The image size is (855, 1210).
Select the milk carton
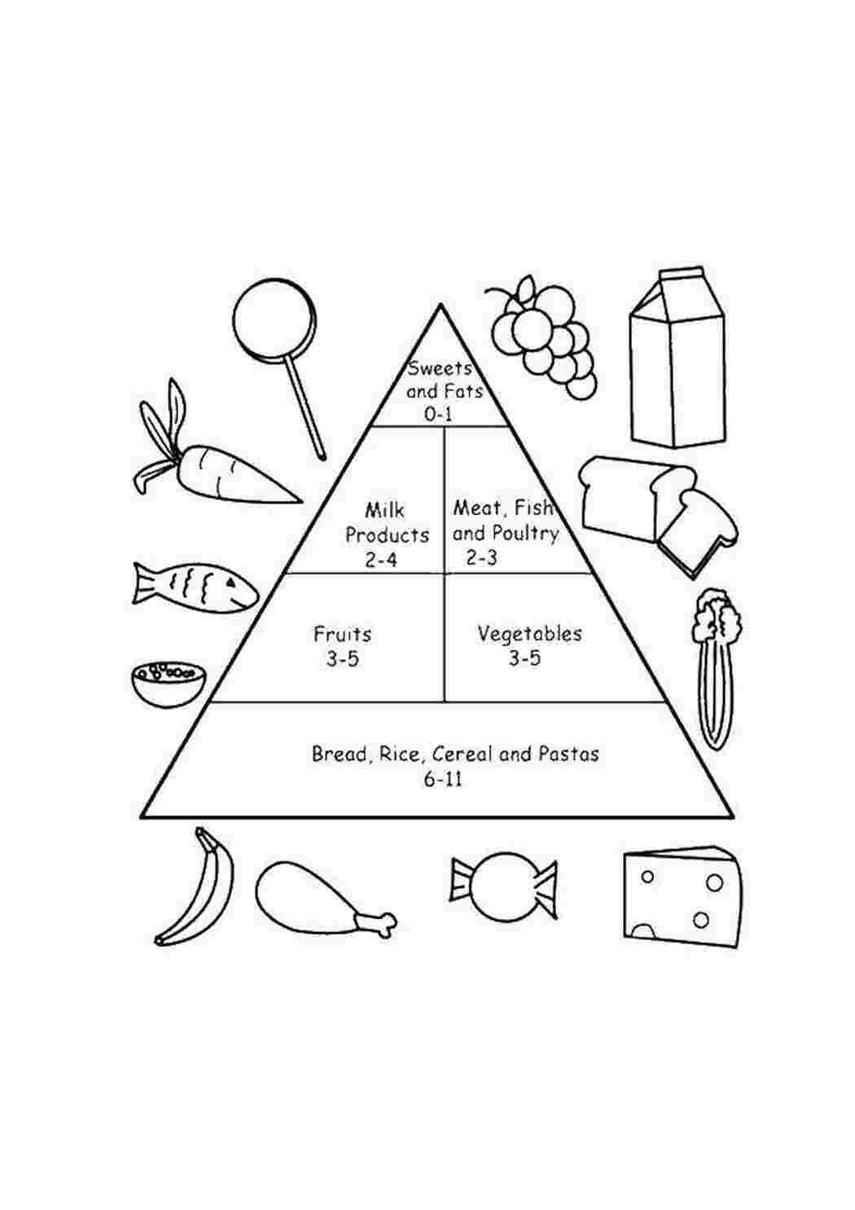pyautogui.click(x=677, y=358)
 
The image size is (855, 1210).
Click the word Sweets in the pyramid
pyautogui.click(x=440, y=368)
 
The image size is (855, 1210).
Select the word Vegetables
pyautogui.click(x=529, y=634)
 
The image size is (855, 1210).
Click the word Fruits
pyautogui.click(x=343, y=634)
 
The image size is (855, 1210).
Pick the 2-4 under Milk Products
pyautogui.click(x=380, y=560)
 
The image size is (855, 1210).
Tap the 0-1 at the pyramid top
pyautogui.click(x=438, y=414)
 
